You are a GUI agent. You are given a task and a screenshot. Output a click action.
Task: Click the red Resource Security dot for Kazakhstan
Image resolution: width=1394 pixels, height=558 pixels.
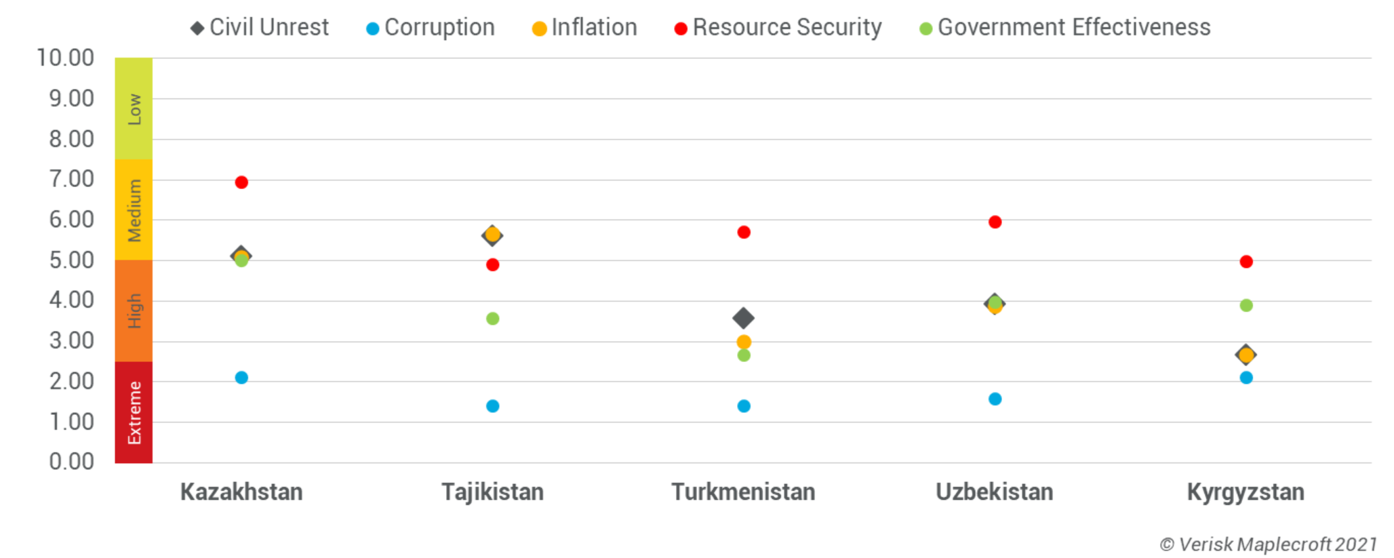pos(241,182)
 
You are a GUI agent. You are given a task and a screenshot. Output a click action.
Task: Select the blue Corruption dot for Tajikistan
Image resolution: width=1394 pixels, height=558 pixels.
pos(493,406)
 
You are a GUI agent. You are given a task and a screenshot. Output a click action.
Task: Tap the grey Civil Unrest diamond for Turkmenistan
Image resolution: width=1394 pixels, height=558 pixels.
pos(744,318)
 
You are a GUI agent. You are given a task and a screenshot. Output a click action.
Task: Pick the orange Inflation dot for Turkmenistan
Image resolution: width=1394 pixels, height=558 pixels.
pos(744,342)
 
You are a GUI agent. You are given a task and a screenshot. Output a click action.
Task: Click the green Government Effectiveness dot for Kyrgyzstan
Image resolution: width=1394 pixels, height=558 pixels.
pos(1246,306)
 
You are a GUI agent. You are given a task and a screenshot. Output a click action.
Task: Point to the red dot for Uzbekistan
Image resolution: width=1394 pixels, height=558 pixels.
pos(995,222)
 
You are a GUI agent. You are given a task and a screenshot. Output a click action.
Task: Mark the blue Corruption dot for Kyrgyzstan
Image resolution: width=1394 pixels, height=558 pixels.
pos(1246,378)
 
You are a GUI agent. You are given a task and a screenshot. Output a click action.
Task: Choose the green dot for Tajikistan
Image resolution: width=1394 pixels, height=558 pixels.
pos(493,319)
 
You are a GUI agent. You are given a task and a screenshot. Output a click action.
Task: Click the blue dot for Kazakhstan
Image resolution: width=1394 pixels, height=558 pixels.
pos(241,378)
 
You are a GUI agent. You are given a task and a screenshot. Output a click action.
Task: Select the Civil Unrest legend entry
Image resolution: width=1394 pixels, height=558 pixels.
pos(260,28)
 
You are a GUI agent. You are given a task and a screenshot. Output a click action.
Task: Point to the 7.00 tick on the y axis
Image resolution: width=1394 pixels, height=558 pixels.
pos(71,180)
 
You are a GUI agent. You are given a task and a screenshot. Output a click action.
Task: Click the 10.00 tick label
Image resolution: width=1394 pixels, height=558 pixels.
pos(65,58)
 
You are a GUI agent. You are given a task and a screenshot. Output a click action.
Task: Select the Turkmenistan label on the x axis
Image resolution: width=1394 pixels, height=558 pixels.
pos(743,492)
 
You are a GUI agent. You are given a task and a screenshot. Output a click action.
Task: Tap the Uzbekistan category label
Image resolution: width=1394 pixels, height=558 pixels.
pos(995,492)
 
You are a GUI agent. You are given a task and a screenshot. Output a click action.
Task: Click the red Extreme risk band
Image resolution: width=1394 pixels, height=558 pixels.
pos(134,412)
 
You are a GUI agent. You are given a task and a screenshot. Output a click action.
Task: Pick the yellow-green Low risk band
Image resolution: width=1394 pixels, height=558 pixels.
pos(134,108)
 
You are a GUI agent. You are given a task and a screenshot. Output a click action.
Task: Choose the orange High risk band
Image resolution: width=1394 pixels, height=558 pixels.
pos(134,311)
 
